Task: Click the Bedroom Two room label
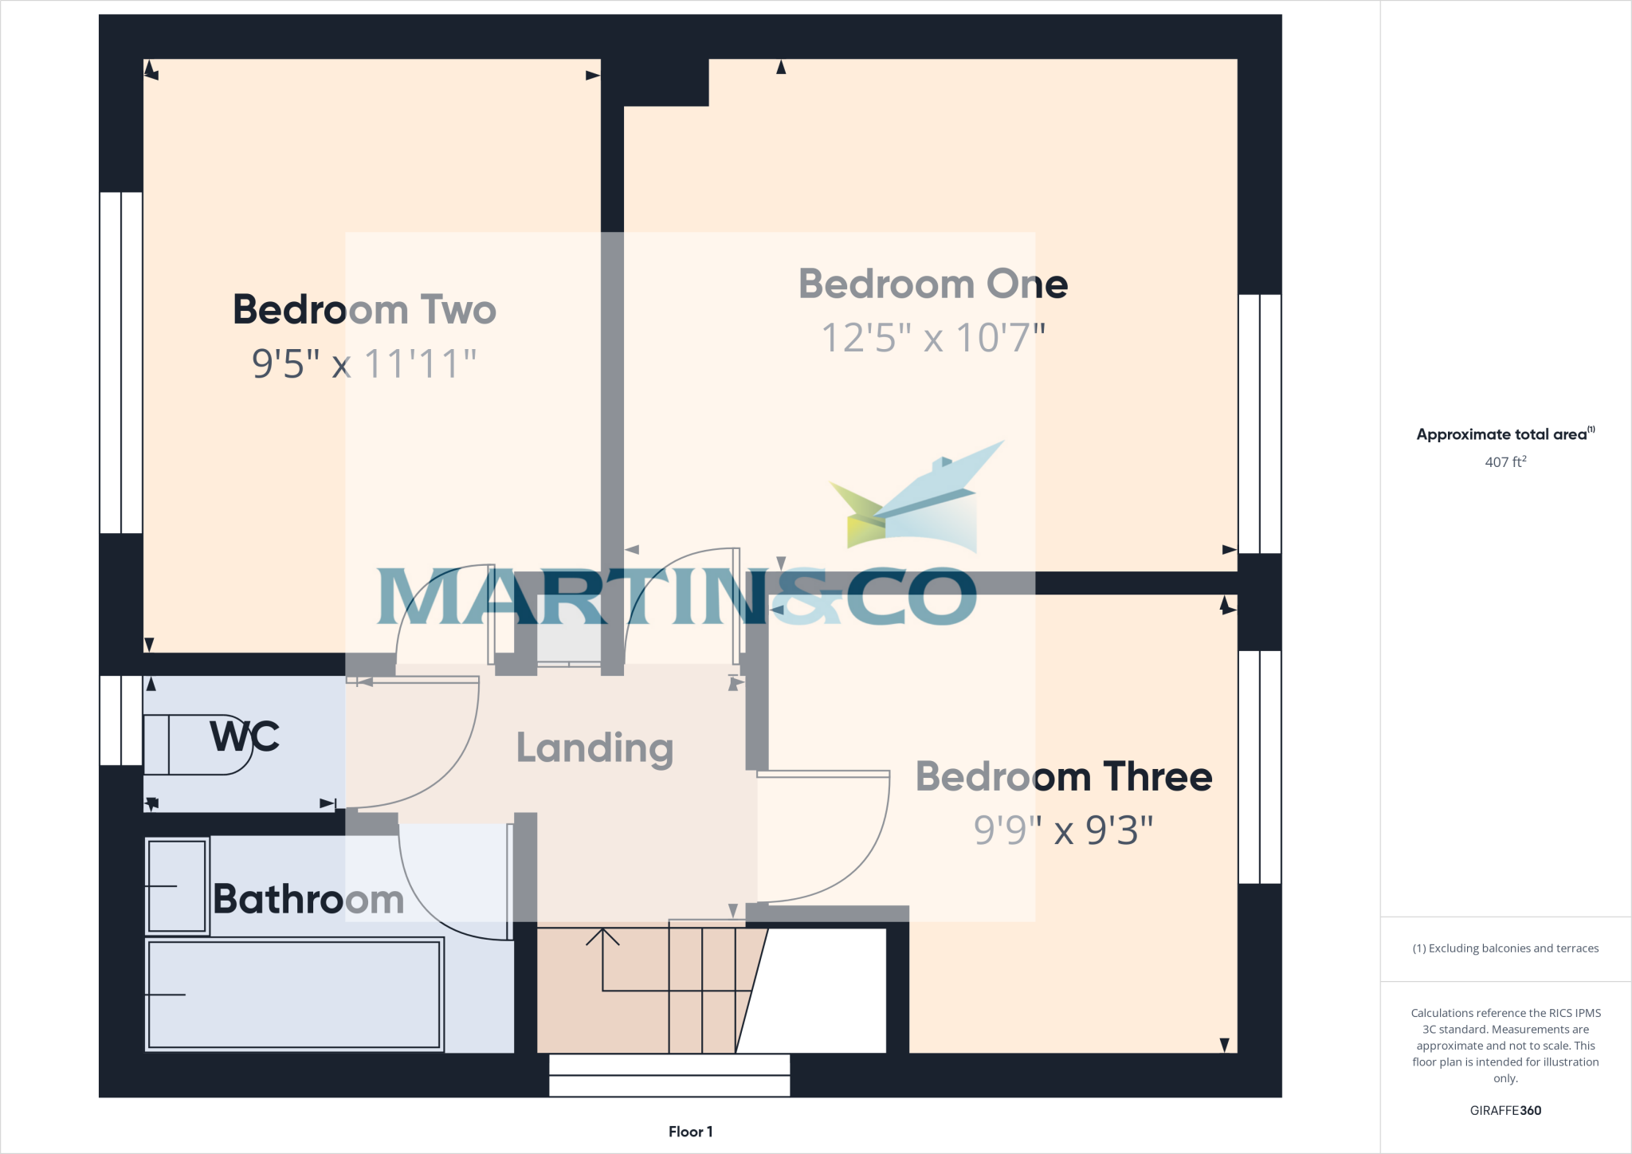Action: click(x=364, y=310)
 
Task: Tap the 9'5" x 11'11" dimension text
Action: click(x=364, y=363)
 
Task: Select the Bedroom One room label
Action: click(x=933, y=285)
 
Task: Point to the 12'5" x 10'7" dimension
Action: click(x=933, y=338)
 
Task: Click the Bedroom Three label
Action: click(x=1064, y=777)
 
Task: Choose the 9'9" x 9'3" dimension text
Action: click(x=1064, y=830)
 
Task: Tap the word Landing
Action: click(x=594, y=748)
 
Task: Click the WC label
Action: click(x=245, y=736)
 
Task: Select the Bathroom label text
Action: click(x=308, y=900)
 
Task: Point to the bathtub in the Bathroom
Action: click(x=294, y=994)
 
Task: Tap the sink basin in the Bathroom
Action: click(x=177, y=885)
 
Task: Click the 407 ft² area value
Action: click(x=1505, y=462)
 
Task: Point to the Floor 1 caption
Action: click(x=690, y=1132)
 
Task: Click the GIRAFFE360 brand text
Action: click(x=1505, y=1110)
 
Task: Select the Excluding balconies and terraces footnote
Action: click(x=1505, y=948)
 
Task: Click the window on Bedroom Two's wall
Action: click(x=121, y=363)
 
